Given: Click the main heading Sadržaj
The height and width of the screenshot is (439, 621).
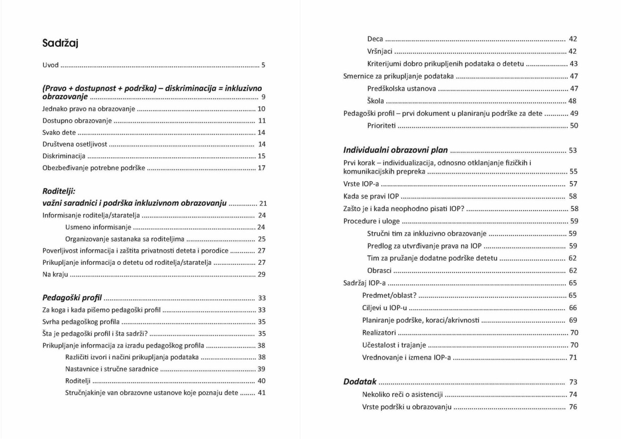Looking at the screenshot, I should (x=60, y=43).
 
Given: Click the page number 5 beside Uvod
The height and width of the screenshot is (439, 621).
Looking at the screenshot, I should (x=263, y=65).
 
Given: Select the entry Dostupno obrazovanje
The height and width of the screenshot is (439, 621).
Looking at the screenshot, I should (x=77, y=121).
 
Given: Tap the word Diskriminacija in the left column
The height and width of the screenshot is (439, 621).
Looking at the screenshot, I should (x=64, y=156).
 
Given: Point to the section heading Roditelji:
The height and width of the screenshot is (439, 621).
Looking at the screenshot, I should (x=59, y=191).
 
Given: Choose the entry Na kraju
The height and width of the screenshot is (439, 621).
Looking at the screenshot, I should (x=55, y=274).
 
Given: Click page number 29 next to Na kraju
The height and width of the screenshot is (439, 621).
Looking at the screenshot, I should (x=261, y=274).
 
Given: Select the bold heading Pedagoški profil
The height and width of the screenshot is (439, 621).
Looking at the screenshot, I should (x=72, y=298).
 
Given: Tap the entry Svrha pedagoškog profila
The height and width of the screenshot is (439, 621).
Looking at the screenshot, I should (x=81, y=322).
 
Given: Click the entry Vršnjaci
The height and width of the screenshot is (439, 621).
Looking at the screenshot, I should (x=380, y=51).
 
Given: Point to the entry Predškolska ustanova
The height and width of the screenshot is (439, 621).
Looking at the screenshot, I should (x=401, y=89).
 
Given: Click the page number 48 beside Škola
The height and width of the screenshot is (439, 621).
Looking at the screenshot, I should (x=572, y=101).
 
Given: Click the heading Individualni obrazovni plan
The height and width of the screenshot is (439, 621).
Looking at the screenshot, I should (x=395, y=151).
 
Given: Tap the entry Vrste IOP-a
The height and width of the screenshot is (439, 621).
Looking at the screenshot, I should (x=361, y=184).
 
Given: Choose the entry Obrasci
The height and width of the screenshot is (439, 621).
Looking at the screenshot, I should (x=379, y=271).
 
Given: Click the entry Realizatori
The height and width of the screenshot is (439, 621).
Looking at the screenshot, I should (x=379, y=333).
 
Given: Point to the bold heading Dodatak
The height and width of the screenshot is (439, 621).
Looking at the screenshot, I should (x=360, y=382).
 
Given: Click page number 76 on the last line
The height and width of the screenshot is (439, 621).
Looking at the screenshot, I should (x=573, y=407).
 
